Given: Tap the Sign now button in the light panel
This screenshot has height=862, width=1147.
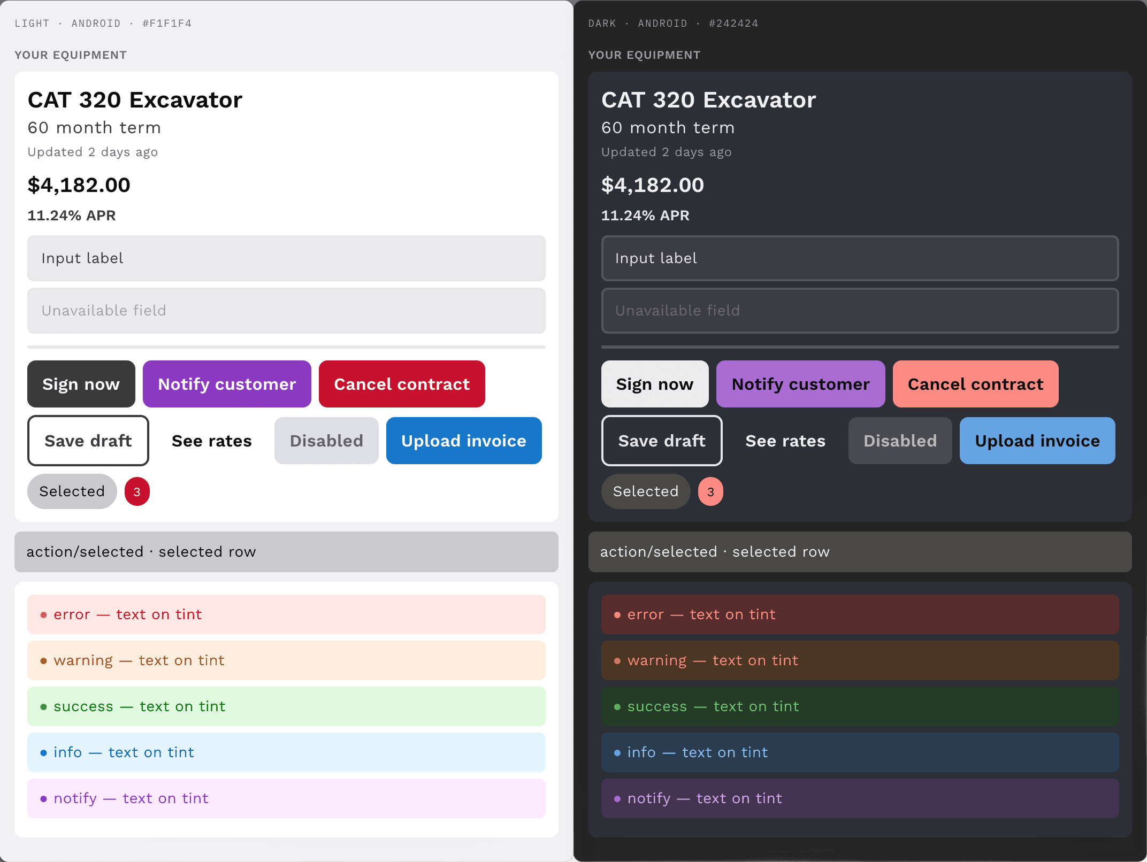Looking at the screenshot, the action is click(x=81, y=384).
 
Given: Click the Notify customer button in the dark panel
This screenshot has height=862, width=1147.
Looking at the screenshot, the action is click(x=800, y=384).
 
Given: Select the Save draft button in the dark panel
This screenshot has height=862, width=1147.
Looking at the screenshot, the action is click(x=662, y=441).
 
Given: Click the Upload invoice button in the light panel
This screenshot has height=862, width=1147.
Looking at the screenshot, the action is click(x=464, y=441).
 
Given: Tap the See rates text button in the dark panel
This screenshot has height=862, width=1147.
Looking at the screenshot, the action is click(x=785, y=441).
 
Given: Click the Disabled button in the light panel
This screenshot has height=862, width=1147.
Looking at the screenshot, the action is click(x=326, y=441).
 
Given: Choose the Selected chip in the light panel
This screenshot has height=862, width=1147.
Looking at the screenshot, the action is click(x=72, y=491).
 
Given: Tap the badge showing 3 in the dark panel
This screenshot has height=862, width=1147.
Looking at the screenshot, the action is click(x=710, y=491).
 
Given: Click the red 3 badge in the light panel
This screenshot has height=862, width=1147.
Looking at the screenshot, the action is click(x=137, y=491).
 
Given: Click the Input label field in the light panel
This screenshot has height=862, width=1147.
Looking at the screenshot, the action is click(x=286, y=258).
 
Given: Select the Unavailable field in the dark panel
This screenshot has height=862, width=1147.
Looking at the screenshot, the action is click(x=860, y=311).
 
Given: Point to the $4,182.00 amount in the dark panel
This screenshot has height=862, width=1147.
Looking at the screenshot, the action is click(x=653, y=185).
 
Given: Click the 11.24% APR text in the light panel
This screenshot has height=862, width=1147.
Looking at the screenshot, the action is click(x=72, y=215).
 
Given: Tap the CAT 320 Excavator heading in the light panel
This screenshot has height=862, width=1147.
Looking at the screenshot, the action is click(x=135, y=100).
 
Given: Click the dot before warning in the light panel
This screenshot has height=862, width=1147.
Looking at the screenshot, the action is click(x=43, y=661).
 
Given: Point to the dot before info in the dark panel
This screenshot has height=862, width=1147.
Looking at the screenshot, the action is click(x=617, y=753).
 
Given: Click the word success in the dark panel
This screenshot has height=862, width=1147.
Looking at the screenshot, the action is click(x=657, y=707).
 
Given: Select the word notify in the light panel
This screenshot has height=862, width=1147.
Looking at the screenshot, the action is click(x=75, y=799).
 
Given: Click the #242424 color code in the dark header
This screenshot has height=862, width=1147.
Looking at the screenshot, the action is click(x=733, y=24).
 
